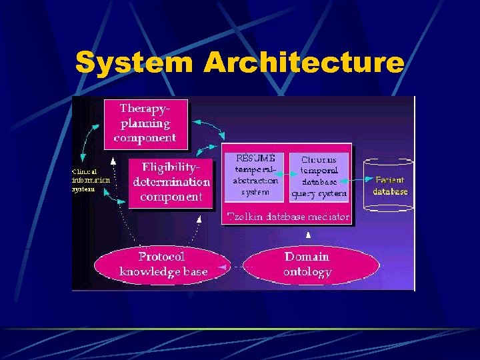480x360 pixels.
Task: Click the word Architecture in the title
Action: [304, 63]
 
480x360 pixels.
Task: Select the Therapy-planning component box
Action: [145, 123]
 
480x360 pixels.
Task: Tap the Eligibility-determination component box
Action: [171, 181]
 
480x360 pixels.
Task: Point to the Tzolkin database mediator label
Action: [288, 216]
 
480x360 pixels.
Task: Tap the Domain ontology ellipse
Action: [307, 264]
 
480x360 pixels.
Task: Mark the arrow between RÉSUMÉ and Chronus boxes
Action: [285, 174]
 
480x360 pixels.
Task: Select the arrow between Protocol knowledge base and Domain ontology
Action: [235, 268]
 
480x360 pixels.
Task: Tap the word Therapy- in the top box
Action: [145, 108]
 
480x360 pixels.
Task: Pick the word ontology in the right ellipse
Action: [307, 272]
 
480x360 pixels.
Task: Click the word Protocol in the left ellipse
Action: [162, 256]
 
